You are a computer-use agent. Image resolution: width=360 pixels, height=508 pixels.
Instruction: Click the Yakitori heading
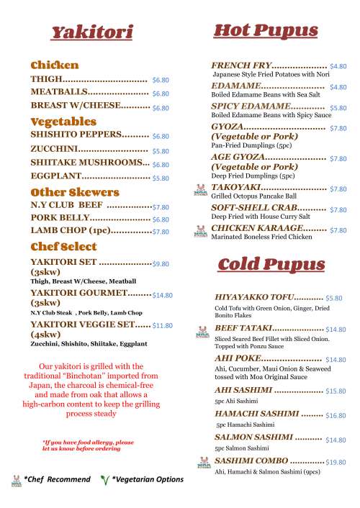91,32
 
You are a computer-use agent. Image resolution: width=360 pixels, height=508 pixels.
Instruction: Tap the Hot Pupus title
266,30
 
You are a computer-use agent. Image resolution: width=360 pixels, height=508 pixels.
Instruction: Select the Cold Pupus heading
271,264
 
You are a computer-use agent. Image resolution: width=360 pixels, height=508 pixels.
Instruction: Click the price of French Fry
338,65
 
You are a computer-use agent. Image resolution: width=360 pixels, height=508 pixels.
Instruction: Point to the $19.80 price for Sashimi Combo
336,462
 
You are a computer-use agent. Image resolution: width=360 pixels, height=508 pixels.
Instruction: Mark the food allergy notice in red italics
88,445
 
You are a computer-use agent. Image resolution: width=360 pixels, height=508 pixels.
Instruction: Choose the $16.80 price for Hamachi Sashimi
336,415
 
